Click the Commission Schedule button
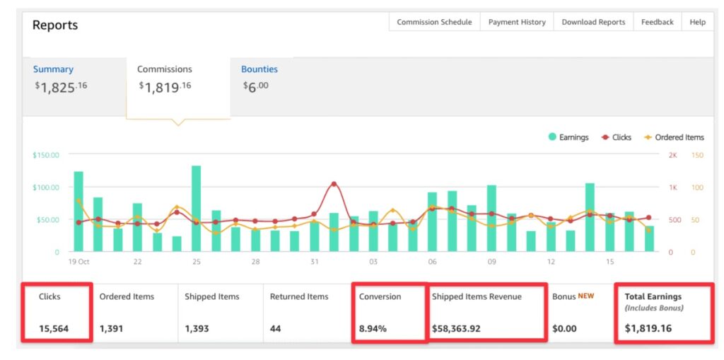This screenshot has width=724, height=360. [x=434, y=22]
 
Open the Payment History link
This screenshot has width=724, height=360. [x=517, y=22]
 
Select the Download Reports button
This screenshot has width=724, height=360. [x=593, y=22]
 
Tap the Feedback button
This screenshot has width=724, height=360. [x=657, y=22]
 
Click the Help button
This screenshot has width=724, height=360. [x=697, y=22]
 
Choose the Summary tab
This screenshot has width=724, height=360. [x=53, y=69]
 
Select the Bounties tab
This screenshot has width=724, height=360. [x=259, y=69]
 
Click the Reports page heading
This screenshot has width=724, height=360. [x=55, y=25]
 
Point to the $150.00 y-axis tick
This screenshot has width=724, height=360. [x=46, y=155]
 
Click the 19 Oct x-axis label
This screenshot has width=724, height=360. [x=79, y=262]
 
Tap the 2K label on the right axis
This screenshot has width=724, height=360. [x=673, y=155]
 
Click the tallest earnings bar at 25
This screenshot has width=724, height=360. [x=197, y=208]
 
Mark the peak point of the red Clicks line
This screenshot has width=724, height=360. [x=334, y=184]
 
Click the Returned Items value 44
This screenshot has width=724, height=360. [x=276, y=329]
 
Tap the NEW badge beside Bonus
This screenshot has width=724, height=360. [x=586, y=296]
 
